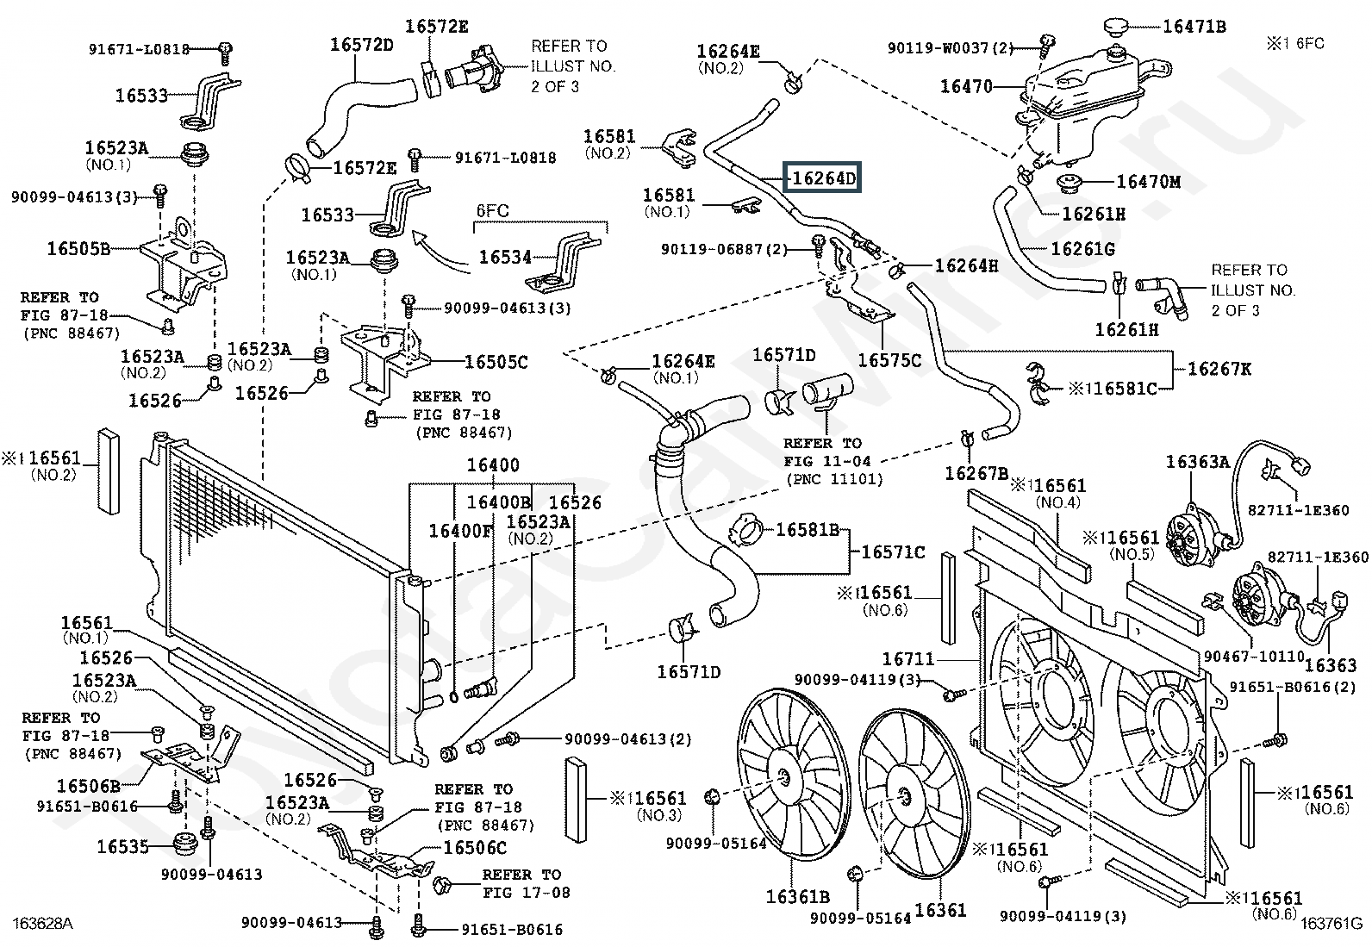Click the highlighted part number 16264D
coord(824,179)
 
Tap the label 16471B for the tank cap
coord(1194,27)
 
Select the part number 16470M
coord(1148,182)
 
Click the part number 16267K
coord(1219,369)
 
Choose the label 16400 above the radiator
coord(493,465)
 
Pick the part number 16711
coord(908,659)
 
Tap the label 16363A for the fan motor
coord(1197,462)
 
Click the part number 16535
coord(123,846)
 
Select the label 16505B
coord(78,249)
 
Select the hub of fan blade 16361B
coord(783,778)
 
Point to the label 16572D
coord(361,45)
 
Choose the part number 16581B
coord(807,529)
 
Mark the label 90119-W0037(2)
coord(951,48)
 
